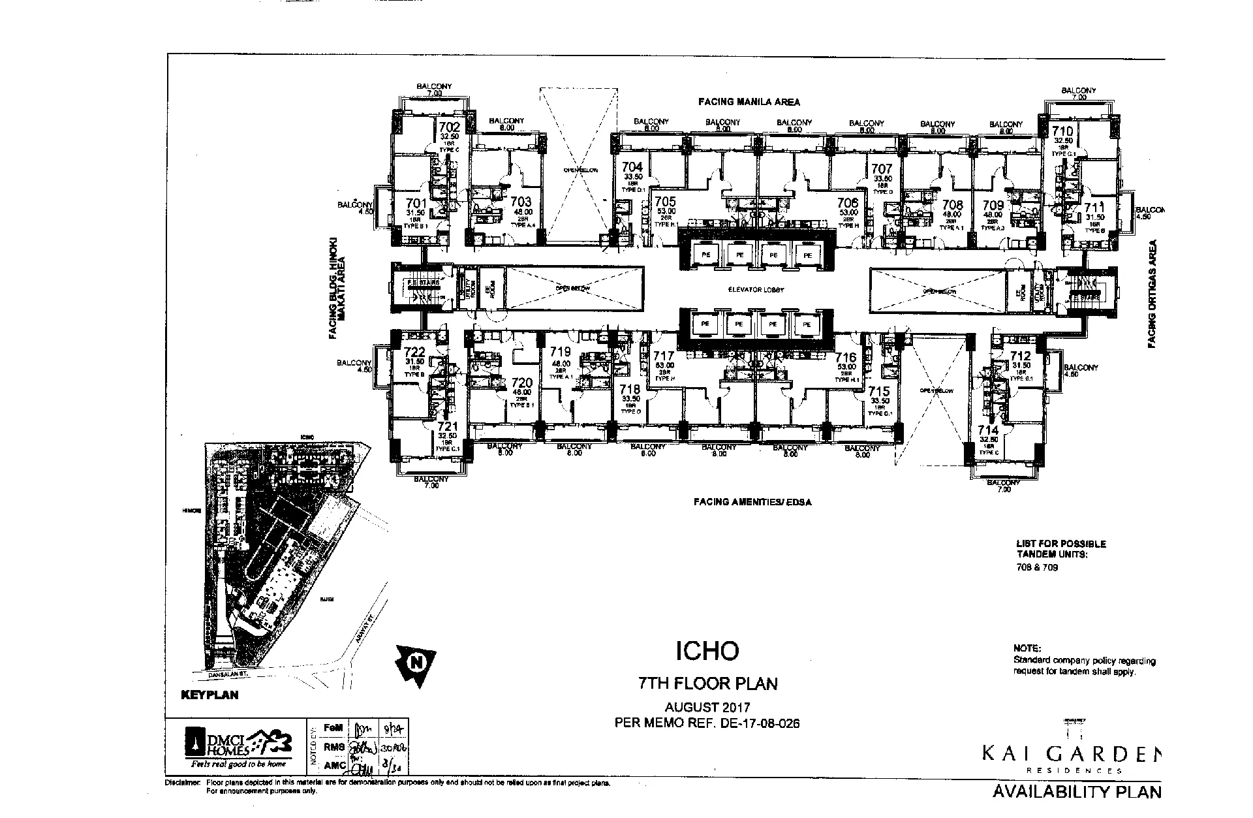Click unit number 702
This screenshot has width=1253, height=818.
(x=449, y=127)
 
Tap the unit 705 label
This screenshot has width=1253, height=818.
(x=666, y=202)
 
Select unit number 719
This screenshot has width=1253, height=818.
(x=561, y=352)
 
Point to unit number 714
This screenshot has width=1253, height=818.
(x=988, y=430)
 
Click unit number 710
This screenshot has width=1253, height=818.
(x=1062, y=131)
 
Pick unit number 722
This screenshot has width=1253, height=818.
(x=415, y=353)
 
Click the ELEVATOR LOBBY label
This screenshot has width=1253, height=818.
(x=757, y=289)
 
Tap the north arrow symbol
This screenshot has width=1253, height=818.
(x=414, y=663)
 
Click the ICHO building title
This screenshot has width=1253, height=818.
(x=707, y=650)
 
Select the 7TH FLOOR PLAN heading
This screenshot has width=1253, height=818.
(x=707, y=684)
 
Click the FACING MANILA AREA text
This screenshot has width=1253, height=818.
(x=749, y=102)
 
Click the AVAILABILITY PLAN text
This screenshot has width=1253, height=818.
(x=1077, y=792)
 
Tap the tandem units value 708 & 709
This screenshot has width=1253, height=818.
(x=1037, y=567)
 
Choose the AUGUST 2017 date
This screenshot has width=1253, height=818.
(x=707, y=707)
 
